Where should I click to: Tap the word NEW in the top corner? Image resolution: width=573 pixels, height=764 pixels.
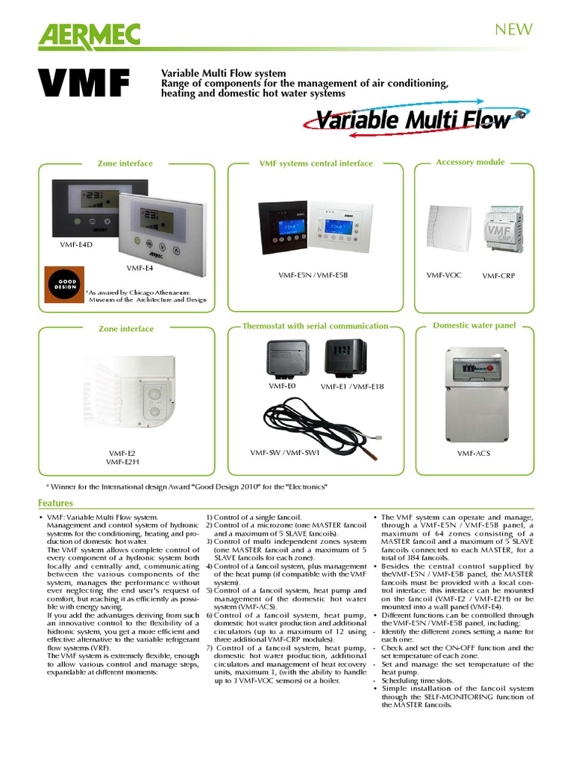click(x=514, y=29)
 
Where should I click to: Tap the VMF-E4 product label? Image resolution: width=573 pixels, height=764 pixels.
click(x=140, y=268)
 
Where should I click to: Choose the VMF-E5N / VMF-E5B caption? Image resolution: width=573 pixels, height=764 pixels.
click(x=313, y=275)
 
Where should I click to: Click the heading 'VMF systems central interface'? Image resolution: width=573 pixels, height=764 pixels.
click(x=316, y=163)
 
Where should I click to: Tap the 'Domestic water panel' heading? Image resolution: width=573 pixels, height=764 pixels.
click(x=475, y=325)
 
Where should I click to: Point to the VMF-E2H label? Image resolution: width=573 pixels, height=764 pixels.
click(x=122, y=462)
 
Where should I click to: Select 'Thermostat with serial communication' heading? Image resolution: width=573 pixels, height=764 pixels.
click(x=315, y=326)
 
